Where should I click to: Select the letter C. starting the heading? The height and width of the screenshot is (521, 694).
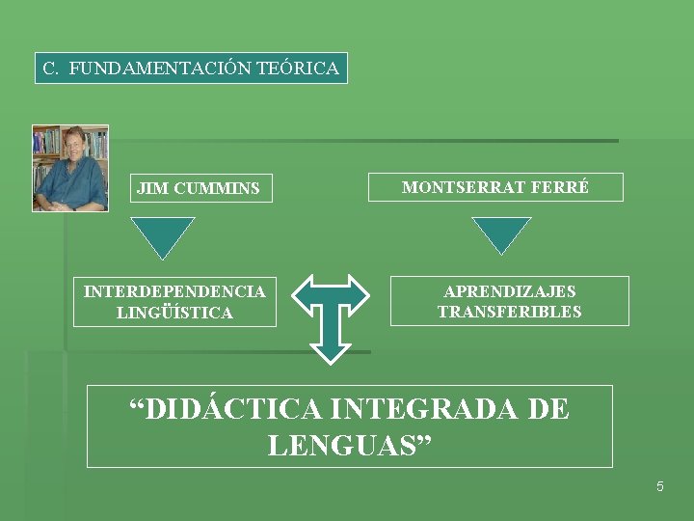pyautogui.click(x=52, y=69)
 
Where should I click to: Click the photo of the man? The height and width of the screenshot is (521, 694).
pyautogui.click(x=69, y=168)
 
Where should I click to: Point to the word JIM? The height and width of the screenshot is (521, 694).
pyautogui.click(x=151, y=188)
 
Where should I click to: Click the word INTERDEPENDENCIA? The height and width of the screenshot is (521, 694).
pyautogui.click(x=174, y=291)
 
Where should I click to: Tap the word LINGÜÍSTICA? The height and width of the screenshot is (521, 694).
pyautogui.click(x=174, y=313)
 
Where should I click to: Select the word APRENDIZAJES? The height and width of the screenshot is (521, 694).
pyautogui.click(x=509, y=291)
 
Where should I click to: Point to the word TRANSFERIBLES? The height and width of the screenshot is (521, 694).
pyautogui.click(x=509, y=312)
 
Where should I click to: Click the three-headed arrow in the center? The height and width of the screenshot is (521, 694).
pyautogui.click(x=331, y=314)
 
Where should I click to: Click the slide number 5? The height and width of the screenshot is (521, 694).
pyautogui.click(x=659, y=487)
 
